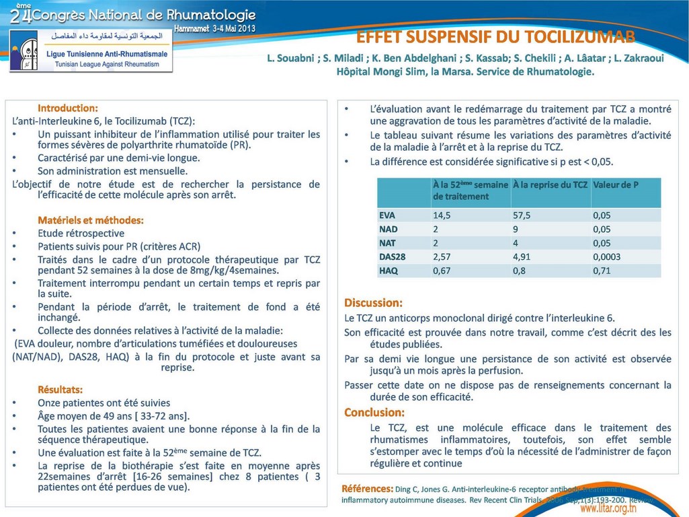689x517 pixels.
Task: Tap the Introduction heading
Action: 68,108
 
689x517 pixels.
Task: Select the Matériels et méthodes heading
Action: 91,219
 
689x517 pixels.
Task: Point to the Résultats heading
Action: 60,389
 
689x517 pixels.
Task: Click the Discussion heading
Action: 373,303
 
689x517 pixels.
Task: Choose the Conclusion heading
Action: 374,412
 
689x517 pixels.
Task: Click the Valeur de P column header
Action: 615,184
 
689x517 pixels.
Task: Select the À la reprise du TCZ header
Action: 550,184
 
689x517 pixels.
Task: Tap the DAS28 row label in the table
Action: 393,256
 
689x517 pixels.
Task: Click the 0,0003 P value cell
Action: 606,256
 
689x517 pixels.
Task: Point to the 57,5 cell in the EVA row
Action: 522,215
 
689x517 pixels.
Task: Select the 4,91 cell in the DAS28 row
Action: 522,256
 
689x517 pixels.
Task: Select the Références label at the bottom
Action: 367,488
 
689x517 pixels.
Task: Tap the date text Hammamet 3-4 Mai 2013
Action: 214,29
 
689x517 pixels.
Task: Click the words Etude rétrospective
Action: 81,233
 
